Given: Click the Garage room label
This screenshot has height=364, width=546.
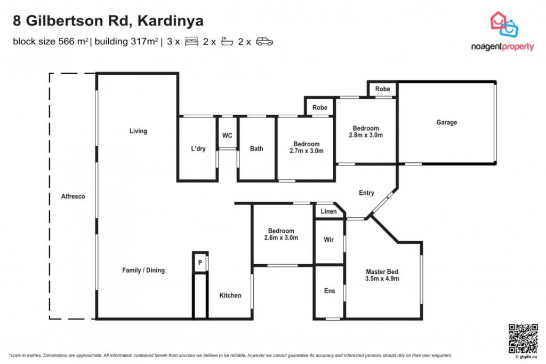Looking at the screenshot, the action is pos(446,122).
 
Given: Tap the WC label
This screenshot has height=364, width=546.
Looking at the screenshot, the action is pos(227,135).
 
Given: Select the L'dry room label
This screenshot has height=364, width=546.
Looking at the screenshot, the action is pos(198,148).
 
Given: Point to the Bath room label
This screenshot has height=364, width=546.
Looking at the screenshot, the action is pos(256,148).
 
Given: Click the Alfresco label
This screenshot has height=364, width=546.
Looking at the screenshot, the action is pos(73,196).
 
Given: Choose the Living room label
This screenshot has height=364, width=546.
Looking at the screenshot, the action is pos(138,131).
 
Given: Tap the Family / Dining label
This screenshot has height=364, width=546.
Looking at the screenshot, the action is pos(143,270).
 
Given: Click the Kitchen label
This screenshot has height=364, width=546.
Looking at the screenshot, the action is pos(230,295).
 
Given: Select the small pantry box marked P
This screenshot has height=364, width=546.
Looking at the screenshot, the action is pos(200,262).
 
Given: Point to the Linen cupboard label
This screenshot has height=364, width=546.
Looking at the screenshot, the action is pos(328,211).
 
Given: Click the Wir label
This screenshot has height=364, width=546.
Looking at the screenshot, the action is pos(328,240).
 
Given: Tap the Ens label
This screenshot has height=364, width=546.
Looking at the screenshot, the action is pos(330,291).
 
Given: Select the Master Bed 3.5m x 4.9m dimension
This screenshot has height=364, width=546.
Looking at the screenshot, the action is pos(382,279).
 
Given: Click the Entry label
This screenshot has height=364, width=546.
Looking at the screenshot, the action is pos(366,193).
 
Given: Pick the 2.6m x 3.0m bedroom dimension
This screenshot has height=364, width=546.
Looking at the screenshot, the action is pos(281,238).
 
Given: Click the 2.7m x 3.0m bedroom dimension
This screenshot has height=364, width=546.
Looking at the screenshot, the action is pos(307,151).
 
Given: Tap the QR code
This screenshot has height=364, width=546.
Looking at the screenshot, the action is pos(523,338).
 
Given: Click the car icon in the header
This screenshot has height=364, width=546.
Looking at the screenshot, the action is pos(264,42).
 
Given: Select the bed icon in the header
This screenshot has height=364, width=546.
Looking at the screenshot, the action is pos(191,42).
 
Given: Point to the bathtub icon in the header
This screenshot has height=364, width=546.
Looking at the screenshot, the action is pos(227,42).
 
